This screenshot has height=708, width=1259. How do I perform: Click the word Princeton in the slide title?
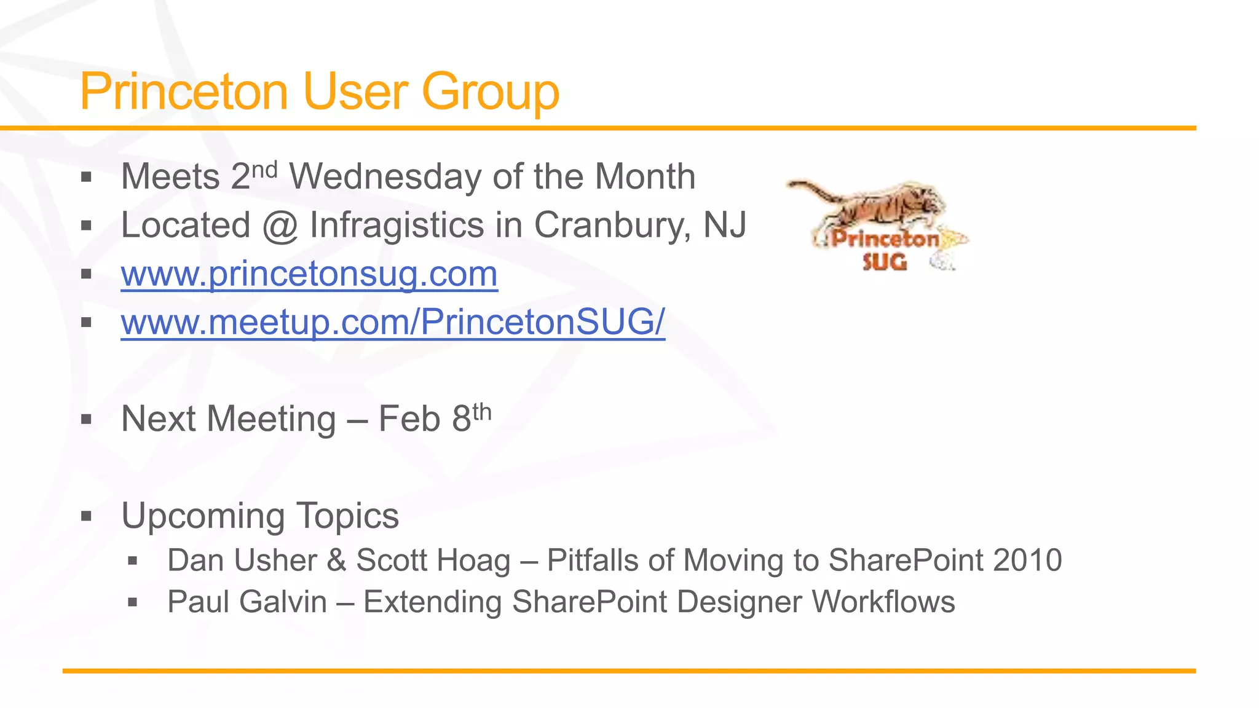tap(184, 92)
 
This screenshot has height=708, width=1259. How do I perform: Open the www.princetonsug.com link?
tap(309, 274)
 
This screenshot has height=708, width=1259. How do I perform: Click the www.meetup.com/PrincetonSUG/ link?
tap(393, 322)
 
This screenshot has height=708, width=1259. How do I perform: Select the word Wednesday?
tap(385, 177)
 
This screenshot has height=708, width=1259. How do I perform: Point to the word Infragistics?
tap(397, 226)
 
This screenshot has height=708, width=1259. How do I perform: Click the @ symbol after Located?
tap(280, 227)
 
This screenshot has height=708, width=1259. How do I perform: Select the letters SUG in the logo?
tap(884, 262)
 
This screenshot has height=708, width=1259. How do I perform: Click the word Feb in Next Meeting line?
tap(409, 420)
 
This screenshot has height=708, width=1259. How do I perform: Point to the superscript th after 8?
tap(482, 411)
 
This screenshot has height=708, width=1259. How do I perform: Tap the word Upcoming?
tap(203, 516)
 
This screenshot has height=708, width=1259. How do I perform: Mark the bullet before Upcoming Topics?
tap(86, 516)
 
